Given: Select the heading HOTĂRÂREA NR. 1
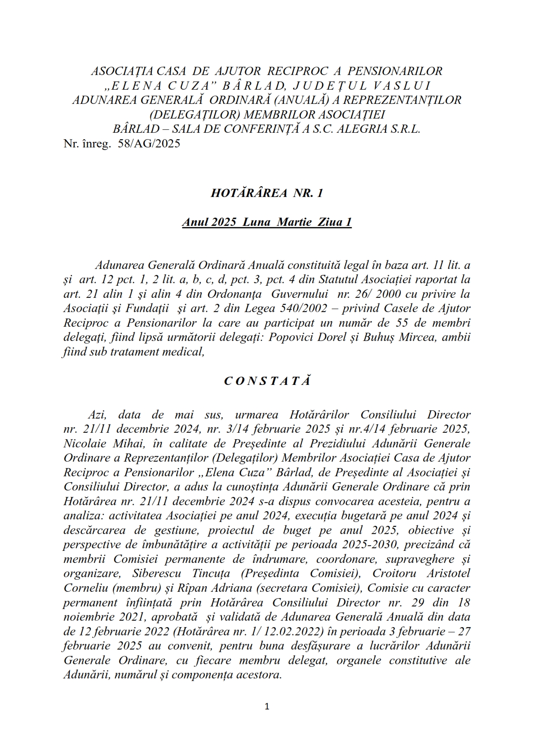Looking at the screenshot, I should tap(267, 193).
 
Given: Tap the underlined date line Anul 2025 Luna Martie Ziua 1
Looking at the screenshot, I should tap(267, 222).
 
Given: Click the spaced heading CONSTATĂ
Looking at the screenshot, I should tap(267, 381).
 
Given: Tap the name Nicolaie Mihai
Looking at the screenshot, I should tap(88, 444).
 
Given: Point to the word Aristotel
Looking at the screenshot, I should tap(448, 574).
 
